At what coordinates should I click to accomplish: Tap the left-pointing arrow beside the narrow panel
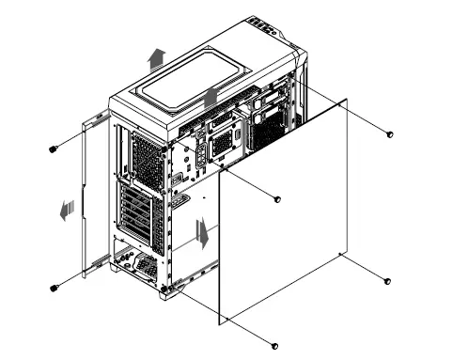click(65, 211)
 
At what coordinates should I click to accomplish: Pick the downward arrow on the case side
click(200, 231)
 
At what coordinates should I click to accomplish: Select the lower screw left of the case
click(55, 287)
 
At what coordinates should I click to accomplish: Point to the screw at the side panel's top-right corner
click(390, 135)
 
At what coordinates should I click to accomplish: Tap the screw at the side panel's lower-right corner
click(387, 281)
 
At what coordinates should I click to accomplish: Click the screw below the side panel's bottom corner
click(273, 344)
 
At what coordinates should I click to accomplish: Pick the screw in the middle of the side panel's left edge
click(277, 199)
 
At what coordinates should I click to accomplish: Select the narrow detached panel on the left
click(90, 197)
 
